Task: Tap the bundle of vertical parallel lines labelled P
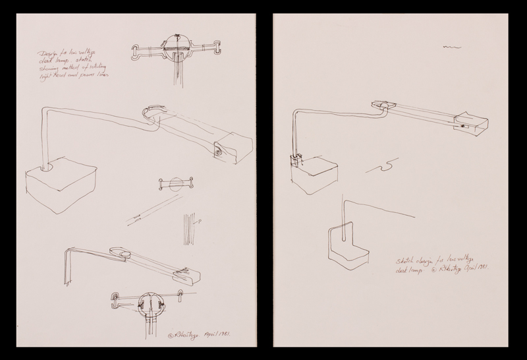(x=190, y=227)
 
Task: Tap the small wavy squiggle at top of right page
(x=451, y=47)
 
